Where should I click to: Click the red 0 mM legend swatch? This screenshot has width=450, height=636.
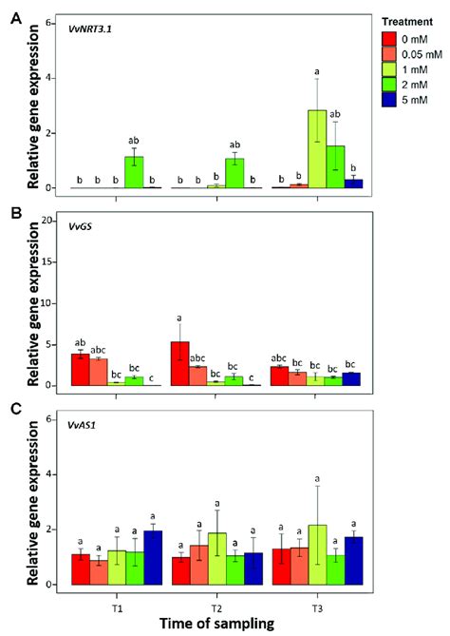(x=388, y=39)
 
